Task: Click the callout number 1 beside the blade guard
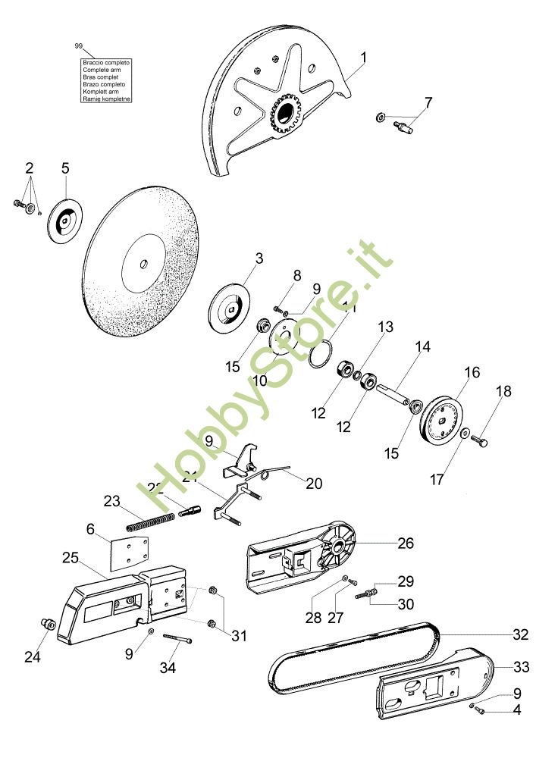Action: (365, 57)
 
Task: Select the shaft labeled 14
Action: (393, 393)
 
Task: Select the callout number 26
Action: (406, 543)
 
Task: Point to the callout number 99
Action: (78, 46)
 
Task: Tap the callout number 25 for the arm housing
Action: (71, 557)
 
